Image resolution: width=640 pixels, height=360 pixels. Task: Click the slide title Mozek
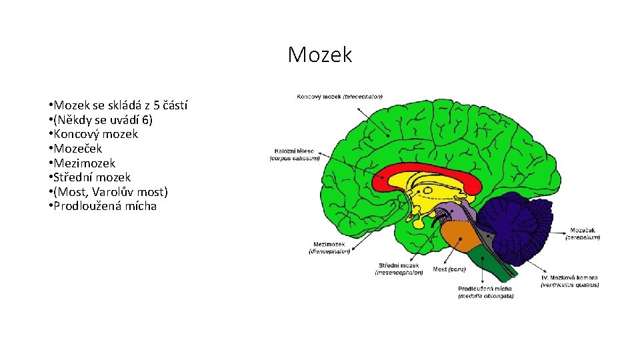click(x=319, y=55)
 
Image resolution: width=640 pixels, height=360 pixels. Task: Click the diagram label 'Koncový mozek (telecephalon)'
click(x=339, y=97)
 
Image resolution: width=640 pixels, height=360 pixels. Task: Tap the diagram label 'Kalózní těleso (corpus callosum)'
click(x=295, y=154)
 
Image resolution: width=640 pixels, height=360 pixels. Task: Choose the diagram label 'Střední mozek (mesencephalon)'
click(x=399, y=268)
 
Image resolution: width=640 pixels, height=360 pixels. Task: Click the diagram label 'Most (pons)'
click(x=449, y=269)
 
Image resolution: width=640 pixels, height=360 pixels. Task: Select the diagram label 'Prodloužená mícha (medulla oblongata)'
click(x=485, y=292)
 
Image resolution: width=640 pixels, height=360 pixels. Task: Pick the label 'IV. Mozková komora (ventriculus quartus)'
click(x=569, y=281)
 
